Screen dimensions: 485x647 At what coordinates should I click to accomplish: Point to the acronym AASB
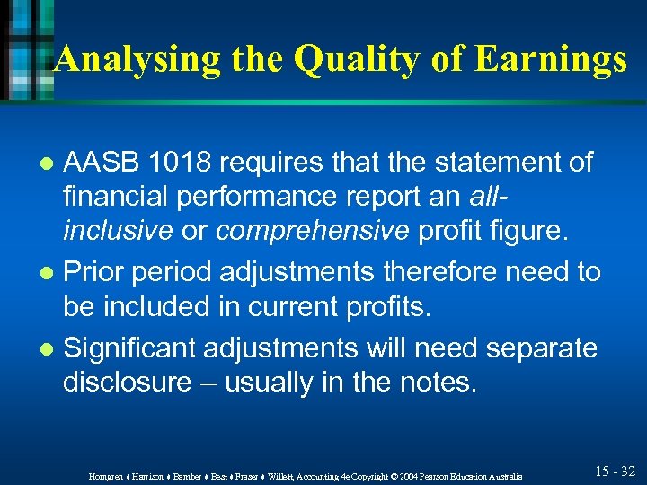100,163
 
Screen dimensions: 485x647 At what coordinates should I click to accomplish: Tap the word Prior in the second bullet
95,272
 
